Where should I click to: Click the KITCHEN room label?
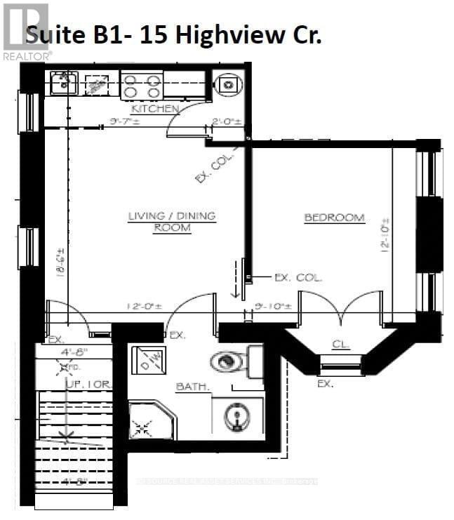click(155, 109)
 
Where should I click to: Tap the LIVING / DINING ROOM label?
click(172, 222)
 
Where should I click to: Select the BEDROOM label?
click(334, 218)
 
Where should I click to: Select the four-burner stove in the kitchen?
click(141, 86)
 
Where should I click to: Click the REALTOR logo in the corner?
click(27, 32)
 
